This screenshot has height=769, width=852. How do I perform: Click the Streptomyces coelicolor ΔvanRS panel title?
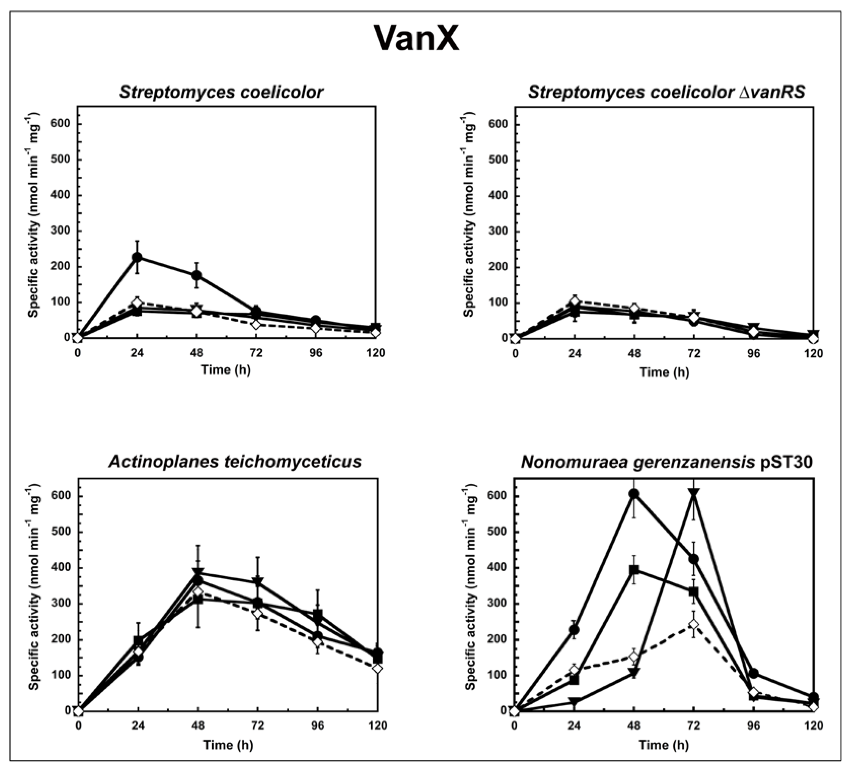point(666,92)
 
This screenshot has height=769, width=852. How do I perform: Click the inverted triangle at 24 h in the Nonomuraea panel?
point(574,702)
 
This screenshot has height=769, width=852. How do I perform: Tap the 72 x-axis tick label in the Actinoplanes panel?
point(258,726)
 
